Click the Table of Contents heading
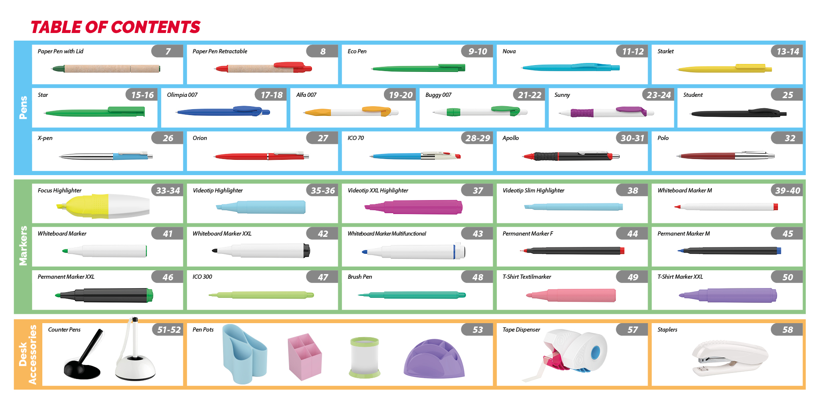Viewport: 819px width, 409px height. pyautogui.click(x=115, y=27)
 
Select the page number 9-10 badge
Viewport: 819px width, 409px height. pyautogui.click(x=477, y=51)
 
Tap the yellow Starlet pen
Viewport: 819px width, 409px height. pyautogui.click(x=724, y=69)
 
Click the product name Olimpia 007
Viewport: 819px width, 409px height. pyautogui.click(x=182, y=95)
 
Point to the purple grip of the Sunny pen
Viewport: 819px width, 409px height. pyautogui.click(x=582, y=113)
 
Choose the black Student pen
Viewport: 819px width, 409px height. pyautogui.click(x=739, y=113)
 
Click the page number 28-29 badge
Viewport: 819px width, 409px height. pyautogui.click(x=477, y=138)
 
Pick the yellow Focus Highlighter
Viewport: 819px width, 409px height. pyautogui.click(x=103, y=206)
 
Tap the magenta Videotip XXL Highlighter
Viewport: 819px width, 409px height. pyautogui.click(x=413, y=207)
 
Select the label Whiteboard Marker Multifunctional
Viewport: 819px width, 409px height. pyautogui.click(x=386, y=233)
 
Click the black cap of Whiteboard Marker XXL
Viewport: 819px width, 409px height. pyautogui.click(x=306, y=250)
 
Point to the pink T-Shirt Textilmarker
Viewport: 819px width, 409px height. pyautogui.click(x=571, y=295)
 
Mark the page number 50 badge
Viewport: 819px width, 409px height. pyautogui.click(x=787, y=277)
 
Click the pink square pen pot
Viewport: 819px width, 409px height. pyautogui.click(x=305, y=357)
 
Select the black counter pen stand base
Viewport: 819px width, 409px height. pyautogui.click(x=82, y=370)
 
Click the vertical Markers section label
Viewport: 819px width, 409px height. pyautogui.click(x=23, y=246)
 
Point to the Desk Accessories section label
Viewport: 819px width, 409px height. pyautogui.click(x=28, y=354)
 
